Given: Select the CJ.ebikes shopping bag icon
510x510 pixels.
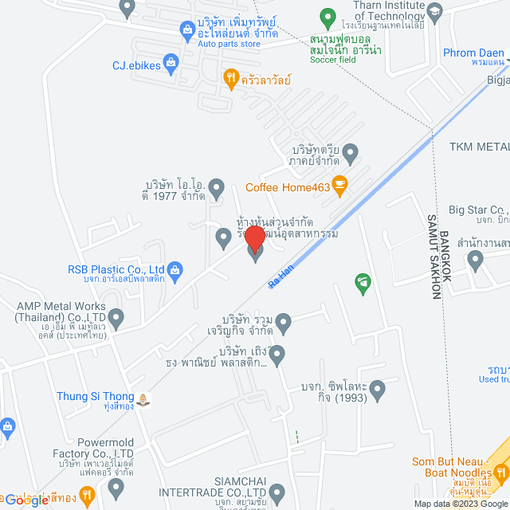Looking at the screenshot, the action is (x=171, y=61).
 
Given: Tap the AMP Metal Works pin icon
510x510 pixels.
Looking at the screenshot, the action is (x=116, y=320).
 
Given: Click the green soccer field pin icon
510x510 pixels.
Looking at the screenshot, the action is (x=326, y=16).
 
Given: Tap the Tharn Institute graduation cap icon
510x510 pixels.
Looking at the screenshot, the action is (x=434, y=10).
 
